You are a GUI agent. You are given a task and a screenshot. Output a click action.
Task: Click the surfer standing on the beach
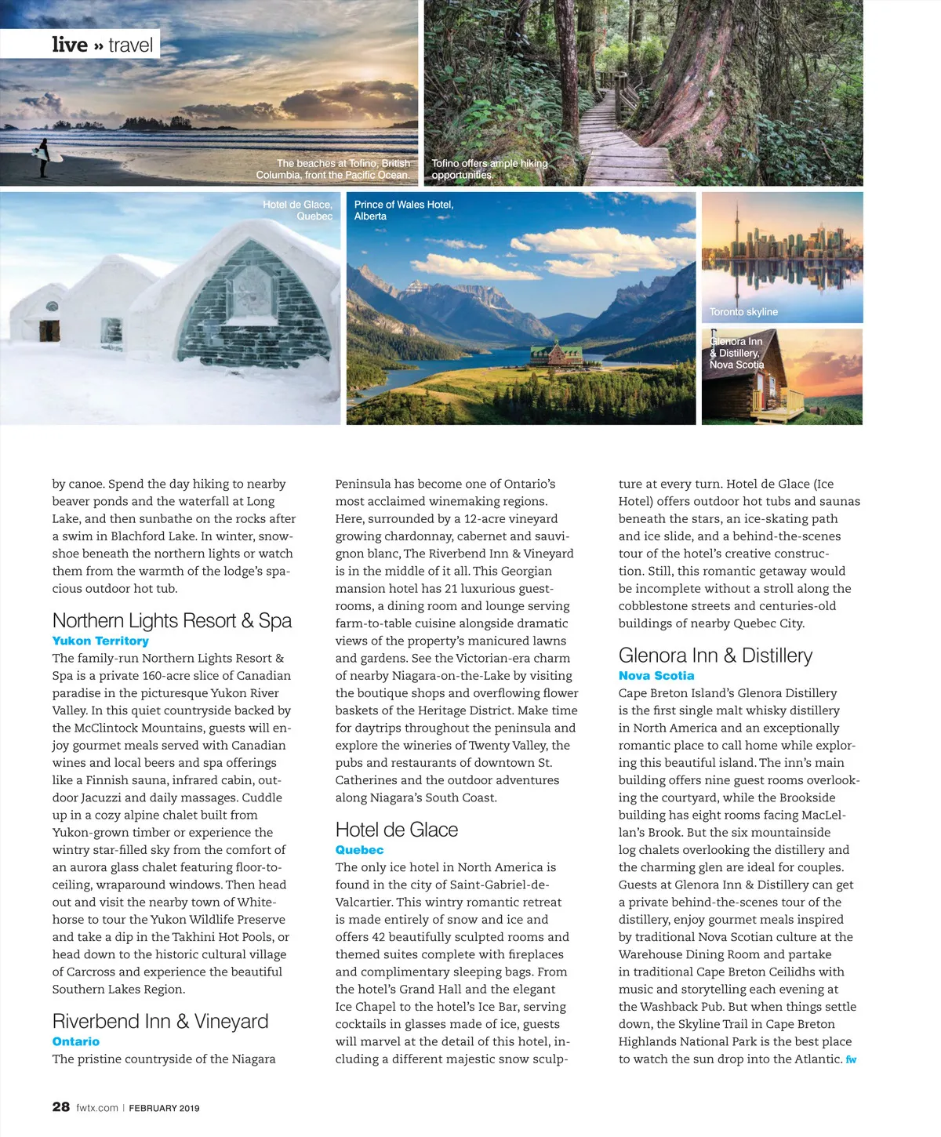(44, 157)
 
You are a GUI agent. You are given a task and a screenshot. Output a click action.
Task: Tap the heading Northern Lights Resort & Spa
(172, 621)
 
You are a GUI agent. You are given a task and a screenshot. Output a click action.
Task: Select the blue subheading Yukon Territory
(100, 641)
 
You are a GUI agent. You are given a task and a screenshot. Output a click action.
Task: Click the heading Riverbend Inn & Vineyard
(160, 1021)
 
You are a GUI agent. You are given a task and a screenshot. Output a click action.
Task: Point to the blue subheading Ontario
(76, 1041)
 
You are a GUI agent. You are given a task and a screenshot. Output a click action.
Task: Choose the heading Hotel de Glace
(397, 830)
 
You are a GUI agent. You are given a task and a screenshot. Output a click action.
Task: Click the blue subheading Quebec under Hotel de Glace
(359, 850)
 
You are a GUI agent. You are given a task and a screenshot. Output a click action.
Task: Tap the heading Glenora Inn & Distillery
(715, 656)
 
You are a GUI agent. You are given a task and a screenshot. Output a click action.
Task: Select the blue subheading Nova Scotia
(656, 676)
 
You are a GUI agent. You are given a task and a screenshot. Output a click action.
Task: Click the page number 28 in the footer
(61, 1107)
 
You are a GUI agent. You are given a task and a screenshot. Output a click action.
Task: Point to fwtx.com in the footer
(97, 1108)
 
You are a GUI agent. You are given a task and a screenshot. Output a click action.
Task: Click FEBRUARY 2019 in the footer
(164, 1108)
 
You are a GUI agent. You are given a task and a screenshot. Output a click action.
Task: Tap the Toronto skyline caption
(743, 312)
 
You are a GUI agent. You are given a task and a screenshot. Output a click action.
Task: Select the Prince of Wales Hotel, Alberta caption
(404, 210)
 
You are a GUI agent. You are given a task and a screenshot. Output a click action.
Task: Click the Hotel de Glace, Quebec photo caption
(298, 210)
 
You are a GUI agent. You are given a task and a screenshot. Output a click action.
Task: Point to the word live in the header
(70, 45)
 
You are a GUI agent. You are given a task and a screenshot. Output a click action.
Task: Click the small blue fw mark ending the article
(851, 1059)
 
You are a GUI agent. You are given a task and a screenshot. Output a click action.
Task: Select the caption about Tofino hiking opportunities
(489, 169)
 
